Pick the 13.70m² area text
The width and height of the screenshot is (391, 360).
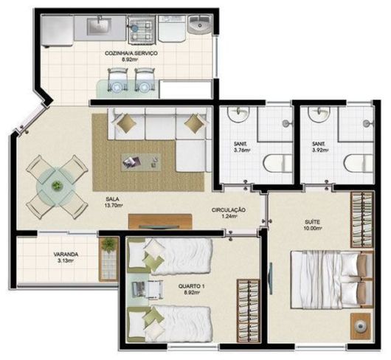113,206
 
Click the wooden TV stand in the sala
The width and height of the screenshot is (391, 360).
160,221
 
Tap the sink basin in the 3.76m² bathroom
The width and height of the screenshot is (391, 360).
238,114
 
